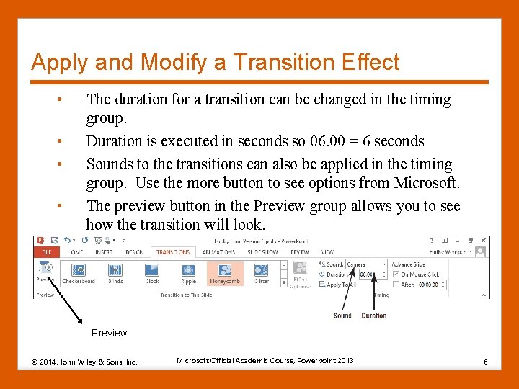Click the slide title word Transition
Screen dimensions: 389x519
tap(265, 62)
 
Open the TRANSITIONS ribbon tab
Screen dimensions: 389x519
tap(173, 252)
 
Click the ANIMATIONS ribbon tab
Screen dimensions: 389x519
tap(218, 252)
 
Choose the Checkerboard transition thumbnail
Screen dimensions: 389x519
tap(79, 272)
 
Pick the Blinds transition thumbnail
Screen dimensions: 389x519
tap(115, 272)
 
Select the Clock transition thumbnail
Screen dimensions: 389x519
tap(152, 272)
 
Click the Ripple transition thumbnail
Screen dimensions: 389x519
tap(188, 272)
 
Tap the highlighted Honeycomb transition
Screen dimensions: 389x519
tap(225, 272)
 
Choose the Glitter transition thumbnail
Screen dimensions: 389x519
tap(262, 272)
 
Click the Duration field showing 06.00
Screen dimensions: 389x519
tap(365, 274)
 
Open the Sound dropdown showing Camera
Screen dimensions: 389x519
tap(365, 264)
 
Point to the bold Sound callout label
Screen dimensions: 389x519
tap(342, 316)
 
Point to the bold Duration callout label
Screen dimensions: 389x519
tap(374, 316)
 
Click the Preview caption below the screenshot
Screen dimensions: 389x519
tap(109, 333)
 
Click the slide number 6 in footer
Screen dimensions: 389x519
tap(487, 361)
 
